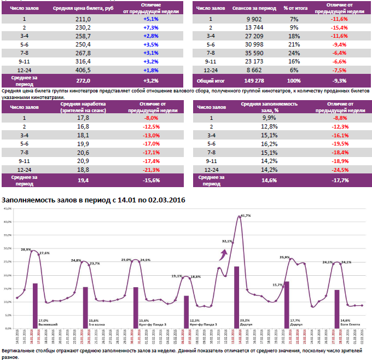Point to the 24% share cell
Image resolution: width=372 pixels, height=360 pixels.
point(294,53)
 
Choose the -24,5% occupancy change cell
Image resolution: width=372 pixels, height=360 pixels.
point(340,170)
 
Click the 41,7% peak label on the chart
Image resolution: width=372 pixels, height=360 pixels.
point(246,216)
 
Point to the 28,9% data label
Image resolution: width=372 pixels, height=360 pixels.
point(26,249)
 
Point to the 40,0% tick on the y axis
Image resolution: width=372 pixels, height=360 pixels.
point(8,222)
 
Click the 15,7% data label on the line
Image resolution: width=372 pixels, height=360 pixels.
point(277,284)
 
